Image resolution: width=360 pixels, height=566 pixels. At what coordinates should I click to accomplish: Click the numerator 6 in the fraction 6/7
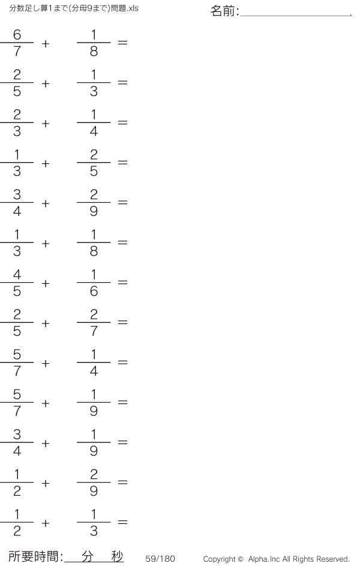tap(17, 35)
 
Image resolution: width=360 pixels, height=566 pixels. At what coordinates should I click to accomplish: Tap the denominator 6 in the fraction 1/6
tap(94, 291)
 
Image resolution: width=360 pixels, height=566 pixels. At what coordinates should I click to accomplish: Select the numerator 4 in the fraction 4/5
tap(17, 274)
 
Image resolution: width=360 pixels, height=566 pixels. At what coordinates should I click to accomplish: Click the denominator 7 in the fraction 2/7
tap(94, 331)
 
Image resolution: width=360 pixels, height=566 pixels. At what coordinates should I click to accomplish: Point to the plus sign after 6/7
tap(46, 44)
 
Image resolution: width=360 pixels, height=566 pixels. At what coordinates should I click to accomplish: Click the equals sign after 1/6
tap(122, 282)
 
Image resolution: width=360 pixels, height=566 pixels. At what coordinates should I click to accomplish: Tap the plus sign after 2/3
tap(46, 124)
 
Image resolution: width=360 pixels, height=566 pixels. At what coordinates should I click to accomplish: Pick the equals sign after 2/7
tap(122, 322)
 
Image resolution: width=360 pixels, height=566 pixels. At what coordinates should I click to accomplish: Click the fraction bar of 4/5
tap(17, 283)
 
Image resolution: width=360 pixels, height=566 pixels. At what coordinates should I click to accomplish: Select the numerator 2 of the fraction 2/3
tap(17, 115)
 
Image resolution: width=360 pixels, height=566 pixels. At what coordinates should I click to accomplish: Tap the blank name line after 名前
tap(296, 16)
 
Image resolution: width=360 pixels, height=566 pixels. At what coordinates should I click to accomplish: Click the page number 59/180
tap(160, 559)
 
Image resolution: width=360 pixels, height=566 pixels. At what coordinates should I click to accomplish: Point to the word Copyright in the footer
tap(220, 559)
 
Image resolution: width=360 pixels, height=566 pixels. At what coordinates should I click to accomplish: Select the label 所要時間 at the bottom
tap(33, 556)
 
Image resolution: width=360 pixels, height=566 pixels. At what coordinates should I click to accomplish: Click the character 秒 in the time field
tap(117, 556)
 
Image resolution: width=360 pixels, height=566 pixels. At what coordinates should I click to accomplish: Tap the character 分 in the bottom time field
tap(87, 556)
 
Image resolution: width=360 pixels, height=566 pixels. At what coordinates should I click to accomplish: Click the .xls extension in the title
tap(132, 8)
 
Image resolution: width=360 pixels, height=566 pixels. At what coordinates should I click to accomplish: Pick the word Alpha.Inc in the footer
tap(263, 559)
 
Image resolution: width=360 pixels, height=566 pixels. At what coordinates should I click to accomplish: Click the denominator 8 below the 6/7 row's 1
tap(94, 51)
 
